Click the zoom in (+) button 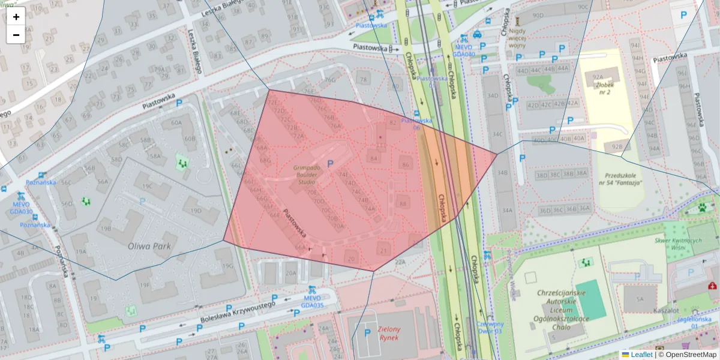click(16, 17)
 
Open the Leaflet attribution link click(640, 355)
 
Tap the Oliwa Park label click(149, 246)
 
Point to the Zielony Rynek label click(394, 332)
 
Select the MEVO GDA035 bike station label click(313, 301)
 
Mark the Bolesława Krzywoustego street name click(238, 311)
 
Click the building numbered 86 click(406, 165)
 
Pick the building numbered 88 click(403, 204)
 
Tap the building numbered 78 click(362, 79)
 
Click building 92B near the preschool click(617, 146)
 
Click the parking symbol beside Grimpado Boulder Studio click(331, 163)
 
